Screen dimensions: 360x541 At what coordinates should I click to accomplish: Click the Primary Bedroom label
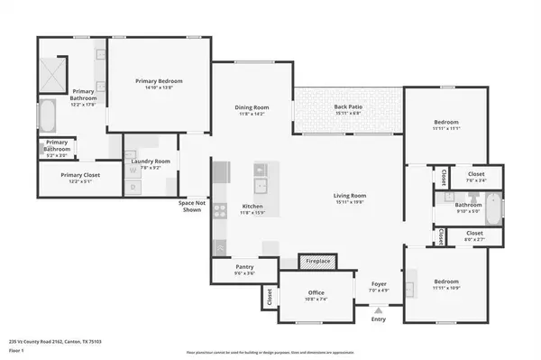[159, 82]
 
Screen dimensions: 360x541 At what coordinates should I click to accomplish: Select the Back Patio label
[347, 107]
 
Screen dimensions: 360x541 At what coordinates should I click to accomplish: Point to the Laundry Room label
[151, 162]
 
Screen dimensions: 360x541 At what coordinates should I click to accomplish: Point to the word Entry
[379, 318]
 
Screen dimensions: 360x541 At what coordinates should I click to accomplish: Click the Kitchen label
[252, 207]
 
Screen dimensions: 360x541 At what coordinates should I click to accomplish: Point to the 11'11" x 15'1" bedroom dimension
[445, 129]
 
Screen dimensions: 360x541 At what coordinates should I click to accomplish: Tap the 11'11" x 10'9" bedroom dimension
[445, 288]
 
